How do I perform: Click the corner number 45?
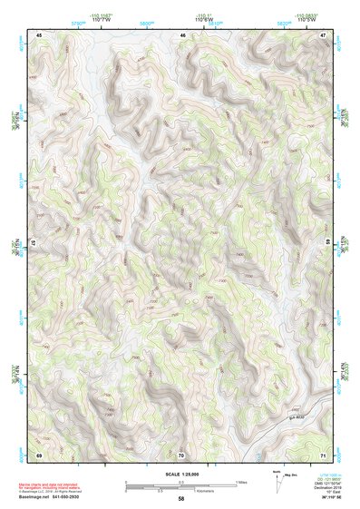[x=39, y=34]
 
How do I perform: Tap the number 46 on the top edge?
[x=182, y=34]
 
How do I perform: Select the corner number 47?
[x=323, y=34]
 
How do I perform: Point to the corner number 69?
[x=39, y=454]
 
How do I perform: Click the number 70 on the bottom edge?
[x=181, y=454]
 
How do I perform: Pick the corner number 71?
[x=323, y=454]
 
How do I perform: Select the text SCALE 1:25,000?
[x=181, y=475]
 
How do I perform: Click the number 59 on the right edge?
[x=327, y=244]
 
